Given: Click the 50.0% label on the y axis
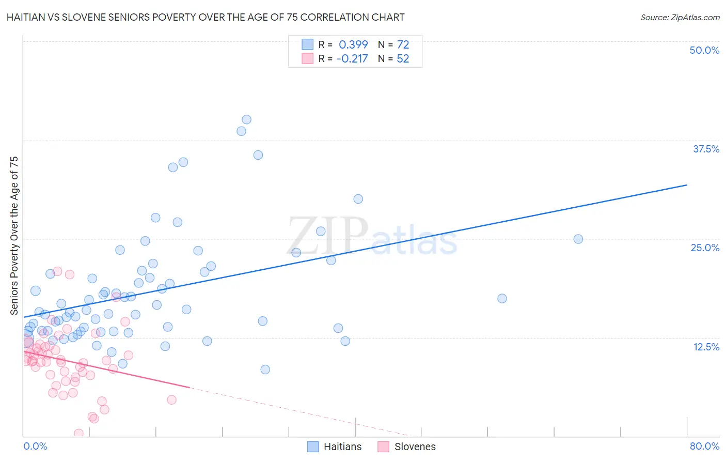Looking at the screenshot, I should click(x=704, y=50).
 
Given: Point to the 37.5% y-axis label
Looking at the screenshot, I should click(x=706, y=149).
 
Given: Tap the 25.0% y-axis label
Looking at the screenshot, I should click(x=705, y=248).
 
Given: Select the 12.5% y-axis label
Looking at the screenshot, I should click(x=706, y=347).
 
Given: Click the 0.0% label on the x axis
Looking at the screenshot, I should click(x=35, y=446).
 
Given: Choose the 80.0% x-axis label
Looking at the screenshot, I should click(x=704, y=446).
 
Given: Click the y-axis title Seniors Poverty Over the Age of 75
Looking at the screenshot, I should click(x=14, y=235).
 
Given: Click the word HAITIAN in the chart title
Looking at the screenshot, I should click(x=27, y=17).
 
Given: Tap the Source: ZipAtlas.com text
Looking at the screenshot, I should click(x=680, y=17).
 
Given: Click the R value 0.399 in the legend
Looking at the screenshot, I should click(x=353, y=45).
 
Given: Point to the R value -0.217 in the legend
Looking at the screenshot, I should click(x=352, y=59).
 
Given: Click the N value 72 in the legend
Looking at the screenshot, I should click(x=403, y=45).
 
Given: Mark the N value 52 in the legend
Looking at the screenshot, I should click(x=403, y=59).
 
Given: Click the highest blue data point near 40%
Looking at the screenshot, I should click(x=246, y=119).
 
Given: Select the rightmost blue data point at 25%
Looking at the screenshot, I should click(x=578, y=239).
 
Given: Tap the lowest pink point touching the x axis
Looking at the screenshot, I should click(x=78, y=433).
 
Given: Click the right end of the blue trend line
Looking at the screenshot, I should click(x=687, y=185).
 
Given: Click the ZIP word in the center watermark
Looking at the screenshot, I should click(x=327, y=235).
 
